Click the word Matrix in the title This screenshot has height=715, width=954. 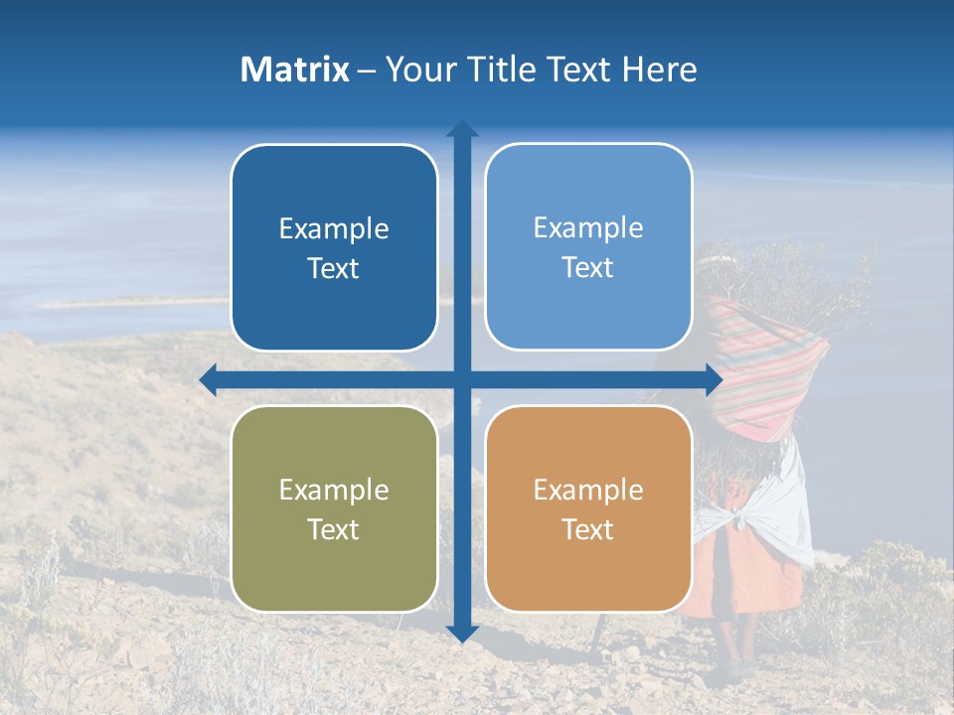point(295,70)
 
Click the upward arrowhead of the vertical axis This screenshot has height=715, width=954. point(462,129)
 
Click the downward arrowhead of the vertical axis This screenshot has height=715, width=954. point(462,634)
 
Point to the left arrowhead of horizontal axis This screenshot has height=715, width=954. point(209,379)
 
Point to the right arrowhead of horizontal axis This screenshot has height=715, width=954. point(714,379)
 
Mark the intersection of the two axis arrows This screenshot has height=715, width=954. point(462,379)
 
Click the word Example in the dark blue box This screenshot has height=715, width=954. point(334,229)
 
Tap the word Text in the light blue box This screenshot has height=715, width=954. point(588,268)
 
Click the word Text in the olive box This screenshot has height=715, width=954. point(334,529)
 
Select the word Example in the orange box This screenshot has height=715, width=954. point(588,490)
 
